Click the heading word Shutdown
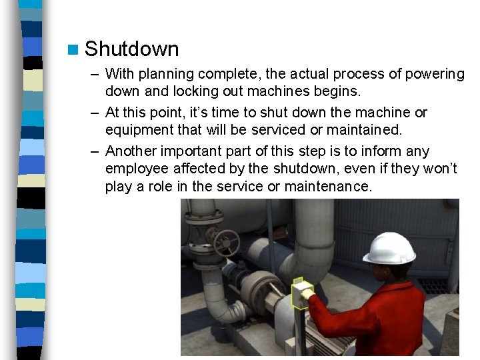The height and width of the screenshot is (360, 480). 132,49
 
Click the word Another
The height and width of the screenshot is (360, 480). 131,151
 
